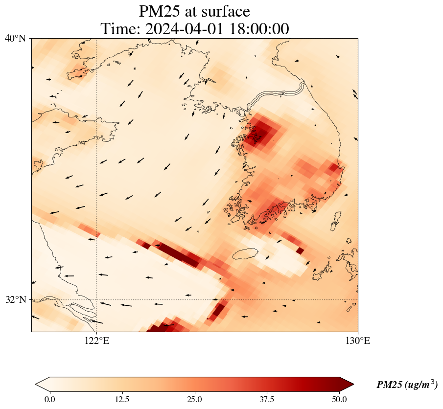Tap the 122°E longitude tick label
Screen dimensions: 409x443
click(97, 341)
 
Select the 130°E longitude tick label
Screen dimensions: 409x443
click(358, 341)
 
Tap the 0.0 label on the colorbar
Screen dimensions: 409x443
click(49, 399)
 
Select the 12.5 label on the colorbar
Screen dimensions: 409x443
click(122, 399)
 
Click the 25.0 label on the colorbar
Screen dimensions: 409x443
click(194, 399)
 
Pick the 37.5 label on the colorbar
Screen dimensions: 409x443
click(267, 399)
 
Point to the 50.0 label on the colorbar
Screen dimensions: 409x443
click(339, 399)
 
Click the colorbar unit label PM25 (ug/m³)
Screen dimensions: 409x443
click(407, 385)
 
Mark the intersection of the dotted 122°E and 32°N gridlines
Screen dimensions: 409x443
click(97, 299)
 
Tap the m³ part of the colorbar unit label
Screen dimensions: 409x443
click(430, 385)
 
